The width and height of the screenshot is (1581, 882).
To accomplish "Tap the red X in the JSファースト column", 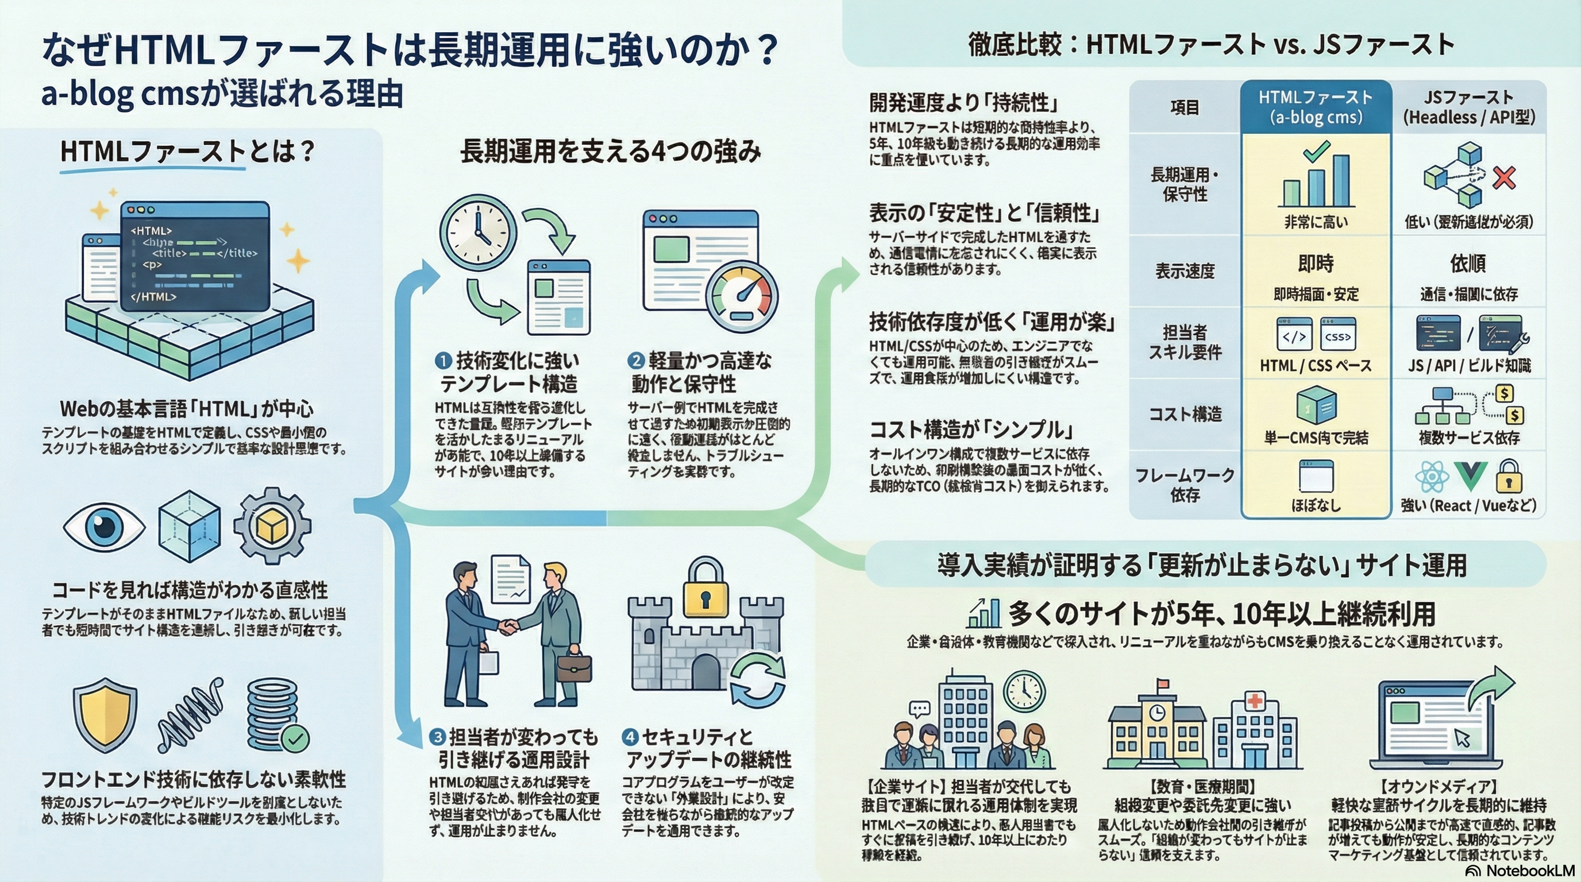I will click(x=1504, y=178).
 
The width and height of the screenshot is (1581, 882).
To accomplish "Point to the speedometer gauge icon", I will click(x=742, y=297).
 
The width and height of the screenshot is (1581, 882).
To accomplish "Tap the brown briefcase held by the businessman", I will click(x=574, y=668).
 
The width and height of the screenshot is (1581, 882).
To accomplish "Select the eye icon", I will click(x=104, y=526).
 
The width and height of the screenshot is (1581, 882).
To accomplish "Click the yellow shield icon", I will click(x=105, y=715).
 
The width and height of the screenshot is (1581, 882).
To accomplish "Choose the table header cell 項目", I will click(x=1185, y=107).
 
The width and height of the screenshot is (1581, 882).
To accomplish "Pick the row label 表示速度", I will click(x=1185, y=271).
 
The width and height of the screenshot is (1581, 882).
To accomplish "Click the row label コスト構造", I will click(x=1185, y=414).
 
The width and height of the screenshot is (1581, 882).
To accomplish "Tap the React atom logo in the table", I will click(x=1431, y=477).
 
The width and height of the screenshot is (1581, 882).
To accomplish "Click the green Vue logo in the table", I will click(x=1471, y=476).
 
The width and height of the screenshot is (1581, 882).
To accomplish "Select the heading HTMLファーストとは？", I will click(x=187, y=152).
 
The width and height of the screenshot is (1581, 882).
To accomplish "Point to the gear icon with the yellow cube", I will click(x=272, y=526).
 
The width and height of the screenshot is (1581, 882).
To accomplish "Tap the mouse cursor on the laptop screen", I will click(x=1462, y=738).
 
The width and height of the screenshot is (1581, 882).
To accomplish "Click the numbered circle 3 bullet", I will click(x=437, y=737).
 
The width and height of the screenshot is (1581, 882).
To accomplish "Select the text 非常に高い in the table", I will click(x=1316, y=222).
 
